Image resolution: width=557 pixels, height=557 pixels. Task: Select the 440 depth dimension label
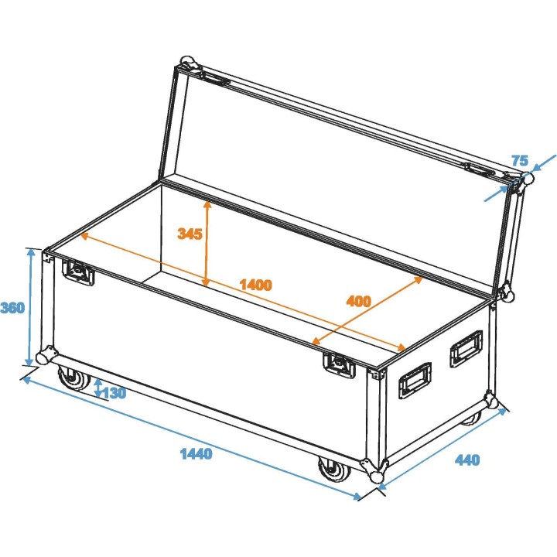(x=467, y=460)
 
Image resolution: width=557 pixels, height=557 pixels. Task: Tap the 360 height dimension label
(x=12, y=308)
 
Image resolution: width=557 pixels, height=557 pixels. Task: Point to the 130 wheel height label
(x=114, y=393)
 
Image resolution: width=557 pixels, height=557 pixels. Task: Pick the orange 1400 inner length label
(x=255, y=284)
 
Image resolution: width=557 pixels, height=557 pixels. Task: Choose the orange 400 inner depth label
(x=359, y=301)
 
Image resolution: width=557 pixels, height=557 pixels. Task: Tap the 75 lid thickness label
(x=520, y=161)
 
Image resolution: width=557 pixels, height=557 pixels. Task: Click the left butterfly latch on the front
(x=78, y=272)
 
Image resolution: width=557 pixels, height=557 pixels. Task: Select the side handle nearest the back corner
(x=466, y=348)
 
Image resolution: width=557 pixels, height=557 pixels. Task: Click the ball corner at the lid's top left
(x=186, y=62)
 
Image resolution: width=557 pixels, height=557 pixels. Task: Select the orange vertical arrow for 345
(x=207, y=244)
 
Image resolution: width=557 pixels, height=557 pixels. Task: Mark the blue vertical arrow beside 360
(x=31, y=307)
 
